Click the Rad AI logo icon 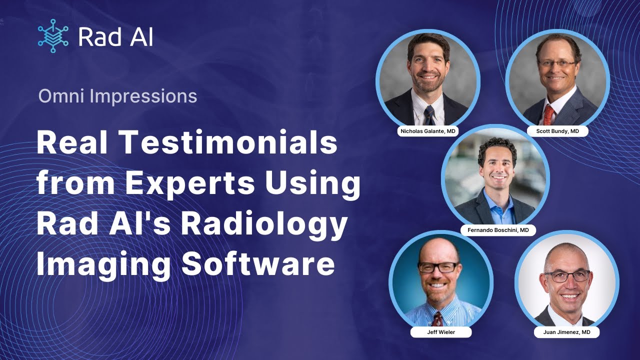[52, 36]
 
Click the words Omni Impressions [117, 96]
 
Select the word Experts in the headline [190, 183]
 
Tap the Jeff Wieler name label [440, 332]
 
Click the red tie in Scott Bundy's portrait [548, 114]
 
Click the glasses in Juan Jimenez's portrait [567, 275]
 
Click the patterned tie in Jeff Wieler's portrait [438, 318]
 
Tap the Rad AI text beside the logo [115, 37]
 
